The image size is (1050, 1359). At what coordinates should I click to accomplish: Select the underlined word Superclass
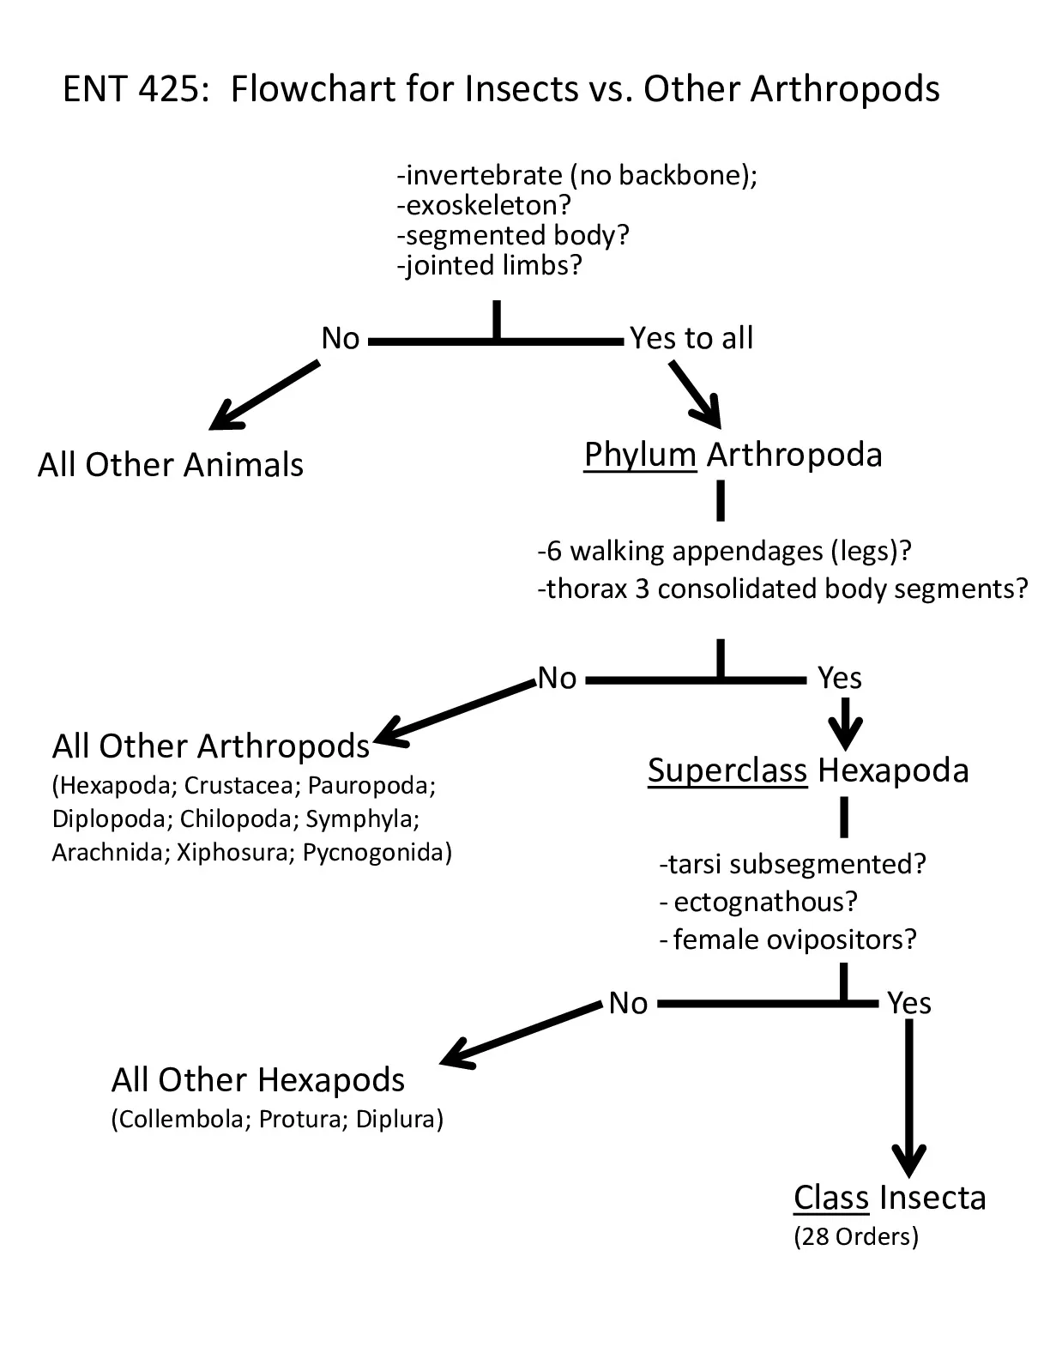pyautogui.click(x=727, y=770)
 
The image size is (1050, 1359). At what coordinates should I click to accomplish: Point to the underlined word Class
pyautogui.click(x=831, y=1198)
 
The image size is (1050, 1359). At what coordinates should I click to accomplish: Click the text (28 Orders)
pyautogui.click(x=856, y=1237)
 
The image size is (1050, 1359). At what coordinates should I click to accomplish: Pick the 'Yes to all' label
pyautogui.click(x=691, y=338)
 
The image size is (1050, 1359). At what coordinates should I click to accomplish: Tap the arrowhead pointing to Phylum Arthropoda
pyautogui.click(x=708, y=412)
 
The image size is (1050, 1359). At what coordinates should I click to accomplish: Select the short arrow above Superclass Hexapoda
pyautogui.click(x=845, y=723)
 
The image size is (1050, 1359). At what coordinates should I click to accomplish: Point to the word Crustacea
pyautogui.click(x=238, y=786)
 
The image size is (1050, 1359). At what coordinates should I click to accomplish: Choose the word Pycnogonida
pyautogui.click(x=372, y=853)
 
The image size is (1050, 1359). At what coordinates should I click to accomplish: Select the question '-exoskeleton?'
pyautogui.click(x=484, y=205)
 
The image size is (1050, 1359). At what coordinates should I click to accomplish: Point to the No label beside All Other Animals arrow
pyautogui.click(x=341, y=338)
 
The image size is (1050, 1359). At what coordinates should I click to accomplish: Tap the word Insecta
pyautogui.click(x=932, y=1198)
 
